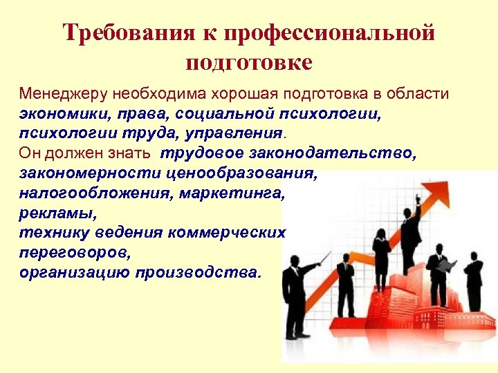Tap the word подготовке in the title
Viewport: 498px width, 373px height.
249,62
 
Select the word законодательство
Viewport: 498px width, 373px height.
344,153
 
